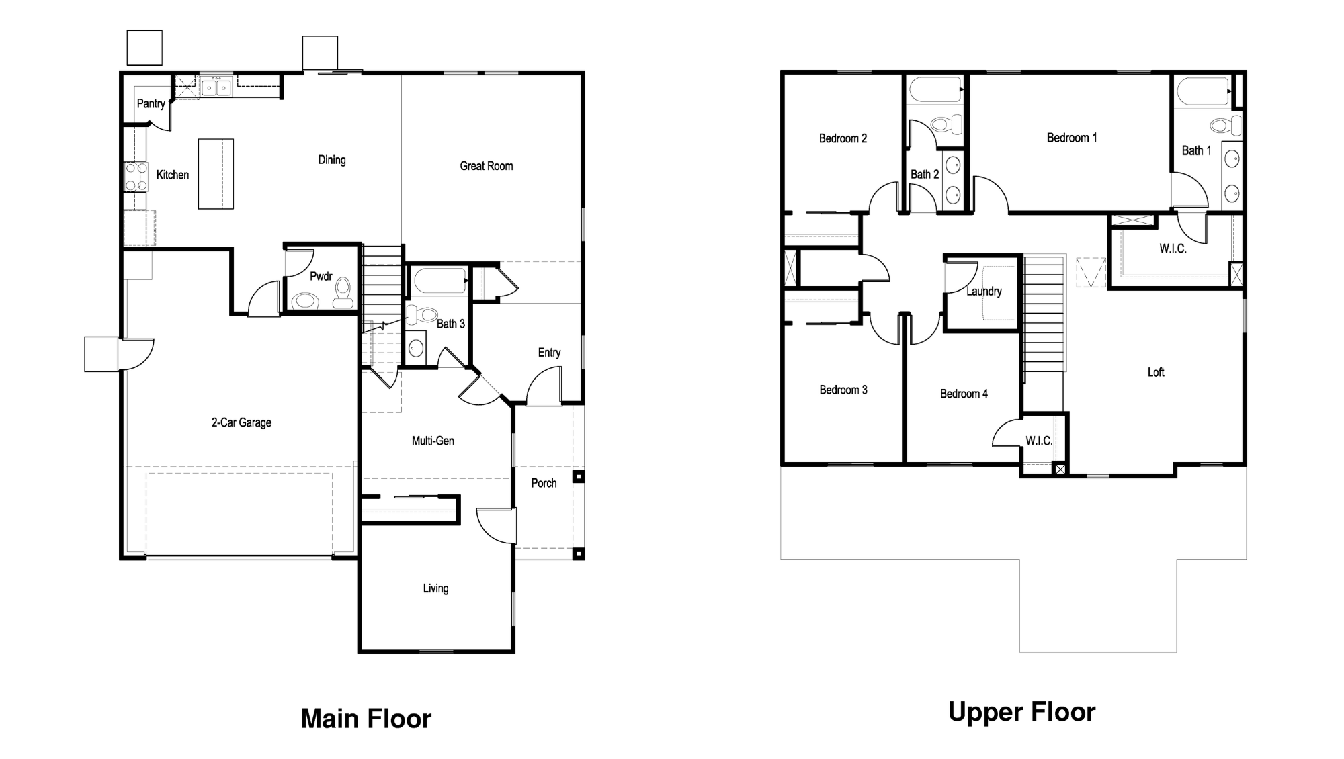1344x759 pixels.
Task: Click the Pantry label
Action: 151,103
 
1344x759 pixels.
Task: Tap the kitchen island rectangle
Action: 216,174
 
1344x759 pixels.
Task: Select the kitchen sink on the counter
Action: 216,87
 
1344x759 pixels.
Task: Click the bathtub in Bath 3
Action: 441,281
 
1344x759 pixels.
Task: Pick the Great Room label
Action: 487,166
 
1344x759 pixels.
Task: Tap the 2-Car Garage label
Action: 241,422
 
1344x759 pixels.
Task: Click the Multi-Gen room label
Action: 433,441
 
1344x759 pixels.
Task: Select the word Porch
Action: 544,483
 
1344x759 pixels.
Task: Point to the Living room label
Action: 435,588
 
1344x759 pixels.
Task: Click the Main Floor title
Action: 366,719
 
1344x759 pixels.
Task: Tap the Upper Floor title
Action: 1021,712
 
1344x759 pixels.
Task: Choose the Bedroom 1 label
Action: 1072,138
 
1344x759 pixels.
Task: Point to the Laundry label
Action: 984,292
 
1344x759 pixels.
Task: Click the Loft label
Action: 1156,372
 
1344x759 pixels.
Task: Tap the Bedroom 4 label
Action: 964,394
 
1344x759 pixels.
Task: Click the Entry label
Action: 549,353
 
